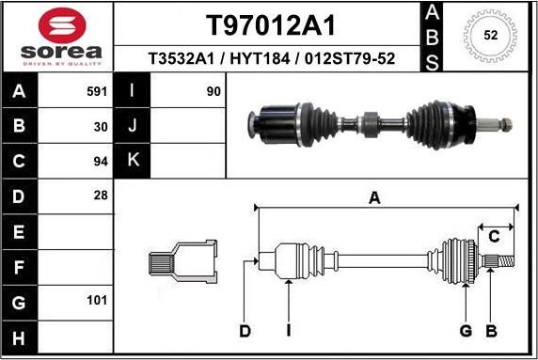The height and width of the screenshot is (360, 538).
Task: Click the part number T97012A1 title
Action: point(270,23)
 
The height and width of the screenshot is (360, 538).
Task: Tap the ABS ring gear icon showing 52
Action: point(489,36)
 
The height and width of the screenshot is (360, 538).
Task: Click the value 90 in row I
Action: point(213,92)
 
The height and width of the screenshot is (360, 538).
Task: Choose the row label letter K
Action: point(132,161)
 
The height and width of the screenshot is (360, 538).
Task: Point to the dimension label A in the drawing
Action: point(374,197)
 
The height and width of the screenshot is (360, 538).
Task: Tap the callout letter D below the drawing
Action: point(245,330)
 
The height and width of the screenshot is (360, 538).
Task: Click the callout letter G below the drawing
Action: point(465,330)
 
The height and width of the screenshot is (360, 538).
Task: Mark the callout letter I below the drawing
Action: point(288,330)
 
